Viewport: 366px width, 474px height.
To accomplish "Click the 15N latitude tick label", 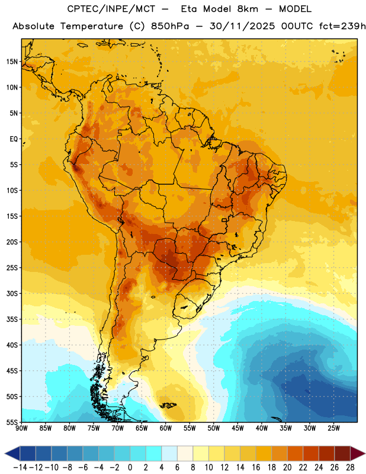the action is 11,62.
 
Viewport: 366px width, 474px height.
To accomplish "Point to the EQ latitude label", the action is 14,139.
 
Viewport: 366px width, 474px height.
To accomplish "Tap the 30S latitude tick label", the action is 12,293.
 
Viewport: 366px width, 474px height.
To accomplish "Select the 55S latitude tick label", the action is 12,422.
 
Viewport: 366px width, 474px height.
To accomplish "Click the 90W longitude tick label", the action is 21,428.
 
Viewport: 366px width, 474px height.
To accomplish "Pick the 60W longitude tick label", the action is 166,428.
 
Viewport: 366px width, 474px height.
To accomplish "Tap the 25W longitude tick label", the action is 333,428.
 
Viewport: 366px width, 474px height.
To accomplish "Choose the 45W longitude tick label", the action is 237,428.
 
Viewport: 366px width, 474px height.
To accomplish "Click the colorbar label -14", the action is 20,467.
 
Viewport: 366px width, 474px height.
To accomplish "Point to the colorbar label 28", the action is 350,467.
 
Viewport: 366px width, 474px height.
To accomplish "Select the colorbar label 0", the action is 130,467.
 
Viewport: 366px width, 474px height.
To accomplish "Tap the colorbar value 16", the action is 256,467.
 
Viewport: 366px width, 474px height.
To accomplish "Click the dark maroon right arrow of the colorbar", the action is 358,453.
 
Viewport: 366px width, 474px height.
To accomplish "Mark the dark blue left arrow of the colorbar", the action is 12,453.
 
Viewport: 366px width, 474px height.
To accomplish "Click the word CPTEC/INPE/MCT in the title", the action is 111,9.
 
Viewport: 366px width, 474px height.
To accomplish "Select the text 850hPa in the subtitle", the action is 170,26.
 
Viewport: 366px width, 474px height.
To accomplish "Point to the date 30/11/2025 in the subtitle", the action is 242,26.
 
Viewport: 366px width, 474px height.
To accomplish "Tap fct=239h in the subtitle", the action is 342,26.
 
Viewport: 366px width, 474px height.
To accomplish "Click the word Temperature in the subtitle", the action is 92,26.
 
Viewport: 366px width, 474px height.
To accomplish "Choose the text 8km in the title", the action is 248,9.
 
